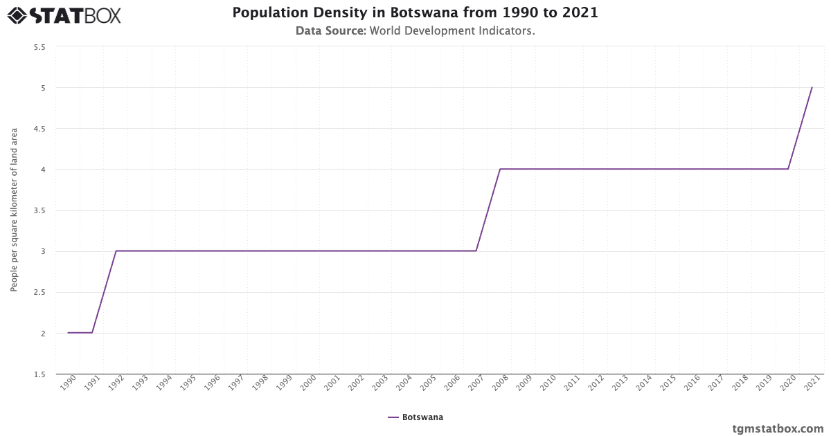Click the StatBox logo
pos(64,15)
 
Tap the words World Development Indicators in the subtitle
pos(452,31)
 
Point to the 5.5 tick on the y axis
pos(39,47)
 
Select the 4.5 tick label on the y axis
pos(39,129)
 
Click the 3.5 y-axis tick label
pos(39,210)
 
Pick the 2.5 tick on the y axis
pos(39,292)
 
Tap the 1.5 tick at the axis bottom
pos(39,374)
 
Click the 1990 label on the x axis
pos(67,385)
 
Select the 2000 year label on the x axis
pos(307,385)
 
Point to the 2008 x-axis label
pos(499,385)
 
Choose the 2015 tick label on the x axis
pos(668,385)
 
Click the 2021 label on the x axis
pos(812,385)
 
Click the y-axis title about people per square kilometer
pos(14,210)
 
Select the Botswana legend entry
pos(415,417)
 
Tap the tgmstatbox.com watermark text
pos(778,428)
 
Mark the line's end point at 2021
pos(812,88)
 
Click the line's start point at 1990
pos(68,333)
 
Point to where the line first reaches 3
pos(116,251)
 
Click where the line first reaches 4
pos(500,170)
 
